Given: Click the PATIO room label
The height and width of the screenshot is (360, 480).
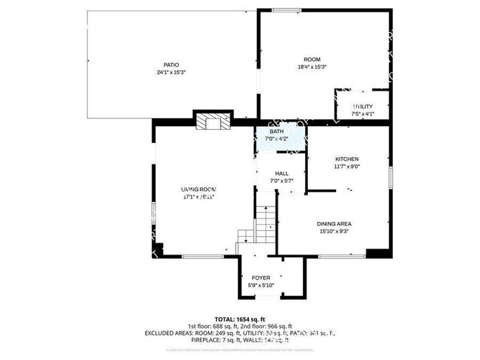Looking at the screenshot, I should (171, 65).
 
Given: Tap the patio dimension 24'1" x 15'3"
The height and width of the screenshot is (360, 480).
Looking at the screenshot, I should (171, 72).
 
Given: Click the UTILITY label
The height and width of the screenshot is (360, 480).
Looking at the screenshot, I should (363, 107).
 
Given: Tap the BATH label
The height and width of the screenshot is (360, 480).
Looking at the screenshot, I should (276, 131).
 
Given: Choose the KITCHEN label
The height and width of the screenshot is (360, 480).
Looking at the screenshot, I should (347, 159).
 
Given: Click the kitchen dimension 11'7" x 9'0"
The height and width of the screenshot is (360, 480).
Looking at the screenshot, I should (347, 167).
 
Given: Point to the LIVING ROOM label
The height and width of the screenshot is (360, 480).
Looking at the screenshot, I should (199, 190).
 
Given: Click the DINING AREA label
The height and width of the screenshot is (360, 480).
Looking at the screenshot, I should (334, 224).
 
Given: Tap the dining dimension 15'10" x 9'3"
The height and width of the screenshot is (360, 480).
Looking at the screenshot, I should (334, 231).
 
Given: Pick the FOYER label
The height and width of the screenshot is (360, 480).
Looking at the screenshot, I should (261, 277).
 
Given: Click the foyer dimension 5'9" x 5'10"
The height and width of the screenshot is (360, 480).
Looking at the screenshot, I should (261, 285).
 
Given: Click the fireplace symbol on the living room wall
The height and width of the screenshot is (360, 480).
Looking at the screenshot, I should (212, 122).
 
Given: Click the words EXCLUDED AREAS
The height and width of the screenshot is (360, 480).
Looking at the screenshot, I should (167, 334).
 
